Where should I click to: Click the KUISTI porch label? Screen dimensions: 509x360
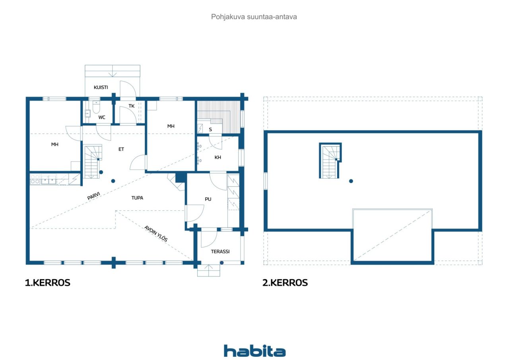(101, 87)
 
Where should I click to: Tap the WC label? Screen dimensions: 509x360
(102, 117)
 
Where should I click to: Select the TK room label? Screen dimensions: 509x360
(131, 106)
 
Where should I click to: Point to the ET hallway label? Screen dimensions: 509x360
(121, 149)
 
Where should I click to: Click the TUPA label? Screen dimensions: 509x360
(137, 198)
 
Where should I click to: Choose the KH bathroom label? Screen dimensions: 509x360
(218, 157)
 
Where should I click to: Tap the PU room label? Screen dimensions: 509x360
(208, 199)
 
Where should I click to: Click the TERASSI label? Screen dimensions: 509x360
(220, 251)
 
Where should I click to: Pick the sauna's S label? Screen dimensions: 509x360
(210, 130)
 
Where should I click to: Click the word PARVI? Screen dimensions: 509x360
(93, 196)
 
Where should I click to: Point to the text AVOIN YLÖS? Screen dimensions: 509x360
(156, 234)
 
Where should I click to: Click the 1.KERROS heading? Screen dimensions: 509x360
(47, 283)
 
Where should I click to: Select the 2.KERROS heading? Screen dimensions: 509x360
(285, 283)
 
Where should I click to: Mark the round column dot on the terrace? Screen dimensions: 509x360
(222, 263)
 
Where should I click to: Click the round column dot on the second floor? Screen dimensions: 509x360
(351, 181)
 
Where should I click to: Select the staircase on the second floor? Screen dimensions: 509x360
(330, 161)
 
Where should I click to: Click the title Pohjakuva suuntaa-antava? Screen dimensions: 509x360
(254, 17)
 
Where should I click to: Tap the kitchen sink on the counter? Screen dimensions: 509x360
(49, 180)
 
